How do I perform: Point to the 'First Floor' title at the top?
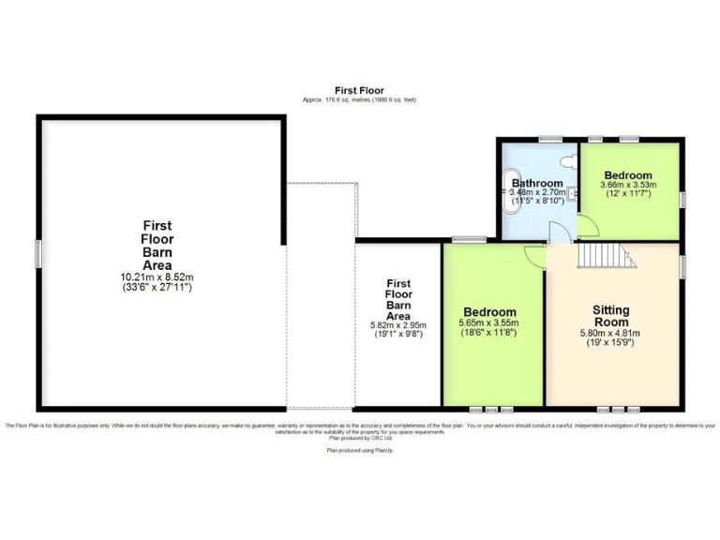coord(359,90)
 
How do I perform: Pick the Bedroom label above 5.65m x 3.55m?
coord(488,311)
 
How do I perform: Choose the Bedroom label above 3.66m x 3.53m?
coord(627,175)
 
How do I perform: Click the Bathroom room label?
coord(536,183)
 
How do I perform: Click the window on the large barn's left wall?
coord(37,253)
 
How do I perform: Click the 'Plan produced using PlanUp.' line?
coord(359,450)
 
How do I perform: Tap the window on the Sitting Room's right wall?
coord(683,266)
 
